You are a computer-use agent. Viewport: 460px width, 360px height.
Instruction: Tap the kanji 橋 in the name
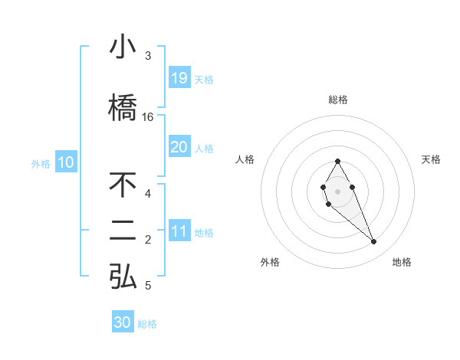click(123, 108)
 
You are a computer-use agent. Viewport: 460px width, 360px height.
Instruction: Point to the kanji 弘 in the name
click(123, 277)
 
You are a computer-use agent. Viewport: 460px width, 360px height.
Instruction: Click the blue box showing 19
click(179, 78)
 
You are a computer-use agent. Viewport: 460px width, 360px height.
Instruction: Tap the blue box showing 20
click(179, 147)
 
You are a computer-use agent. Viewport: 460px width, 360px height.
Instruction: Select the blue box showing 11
click(179, 232)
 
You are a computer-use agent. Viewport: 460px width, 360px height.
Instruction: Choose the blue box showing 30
click(123, 322)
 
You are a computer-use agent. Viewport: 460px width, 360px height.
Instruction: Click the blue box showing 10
click(65, 162)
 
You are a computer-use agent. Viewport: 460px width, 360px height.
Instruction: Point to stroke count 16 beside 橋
click(148, 117)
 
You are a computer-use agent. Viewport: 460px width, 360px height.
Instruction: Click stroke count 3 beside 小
click(148, 56)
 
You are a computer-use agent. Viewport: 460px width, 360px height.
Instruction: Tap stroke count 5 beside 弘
click(148, 286)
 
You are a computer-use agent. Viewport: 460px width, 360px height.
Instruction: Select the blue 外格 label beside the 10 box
click(40, 163)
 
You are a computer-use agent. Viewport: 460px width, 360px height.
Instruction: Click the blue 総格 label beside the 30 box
click(147, 324)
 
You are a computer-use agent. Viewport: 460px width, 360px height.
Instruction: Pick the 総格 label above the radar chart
click(337, 100)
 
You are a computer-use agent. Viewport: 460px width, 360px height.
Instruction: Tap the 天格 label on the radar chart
click(431, 159)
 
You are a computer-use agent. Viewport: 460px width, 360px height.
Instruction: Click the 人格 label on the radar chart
click(245, 159)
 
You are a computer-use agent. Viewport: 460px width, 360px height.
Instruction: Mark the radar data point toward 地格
click(374, 242)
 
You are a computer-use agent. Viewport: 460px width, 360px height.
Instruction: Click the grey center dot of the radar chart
click(337, 190)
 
